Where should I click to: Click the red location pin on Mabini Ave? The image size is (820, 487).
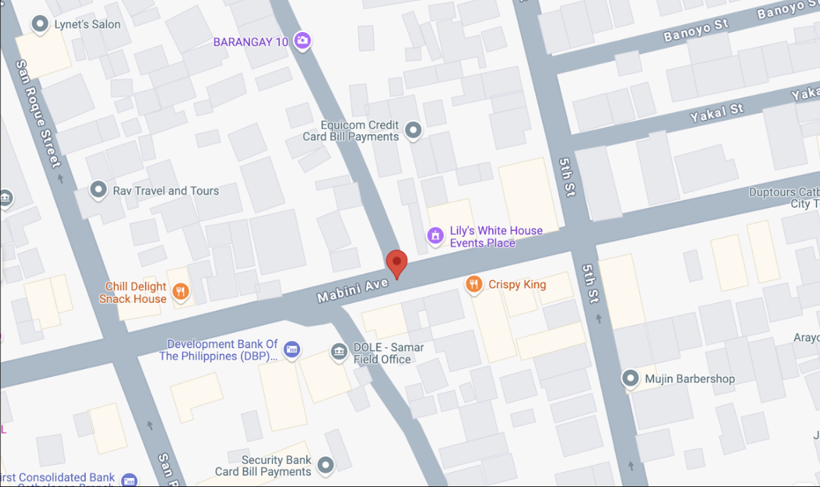click(x=396, y=263)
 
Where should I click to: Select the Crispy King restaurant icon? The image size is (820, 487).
click(x=474, y=284)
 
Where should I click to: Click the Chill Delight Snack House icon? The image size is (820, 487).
click(x=181, y=292)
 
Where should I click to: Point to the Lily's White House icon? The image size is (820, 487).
click(x=436, y=236)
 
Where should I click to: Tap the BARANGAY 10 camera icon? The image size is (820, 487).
click(x=301, y=41)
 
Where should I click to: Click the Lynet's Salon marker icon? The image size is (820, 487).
click(x=41, y=24)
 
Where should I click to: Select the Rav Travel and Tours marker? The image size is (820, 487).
click(x=99, y=190)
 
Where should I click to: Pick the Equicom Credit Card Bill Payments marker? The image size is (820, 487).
click(x=413, y=130)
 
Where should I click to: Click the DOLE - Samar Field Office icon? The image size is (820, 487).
click(x=339, y=352)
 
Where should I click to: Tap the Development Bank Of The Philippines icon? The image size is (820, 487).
click(x=292, y=349)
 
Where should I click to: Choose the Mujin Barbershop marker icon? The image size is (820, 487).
click(x=630, y=378)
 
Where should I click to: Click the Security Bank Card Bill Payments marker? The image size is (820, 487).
click(x=325, y=465)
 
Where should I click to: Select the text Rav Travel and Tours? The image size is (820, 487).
click(x=166, y=191)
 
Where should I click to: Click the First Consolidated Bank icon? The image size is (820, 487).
click(x=129, y=480)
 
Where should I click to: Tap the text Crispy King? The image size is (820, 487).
click(x=517, y=285)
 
